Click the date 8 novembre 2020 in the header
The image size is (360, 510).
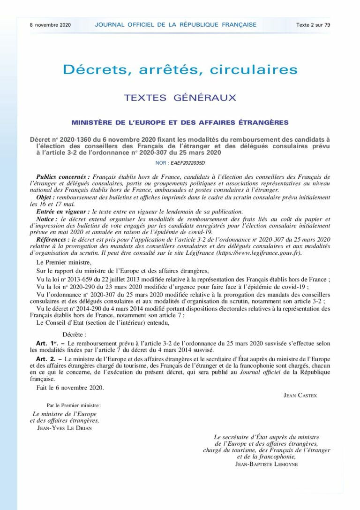pos(51,25)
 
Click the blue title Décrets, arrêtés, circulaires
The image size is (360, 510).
pos(180,70)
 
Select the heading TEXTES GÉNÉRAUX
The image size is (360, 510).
pos(180,98)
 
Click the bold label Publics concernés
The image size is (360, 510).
pos(63,177)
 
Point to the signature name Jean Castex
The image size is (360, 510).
pos(300,396)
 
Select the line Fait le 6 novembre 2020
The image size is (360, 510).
pos(70,388)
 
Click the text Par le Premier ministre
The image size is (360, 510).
pos(74,405)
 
